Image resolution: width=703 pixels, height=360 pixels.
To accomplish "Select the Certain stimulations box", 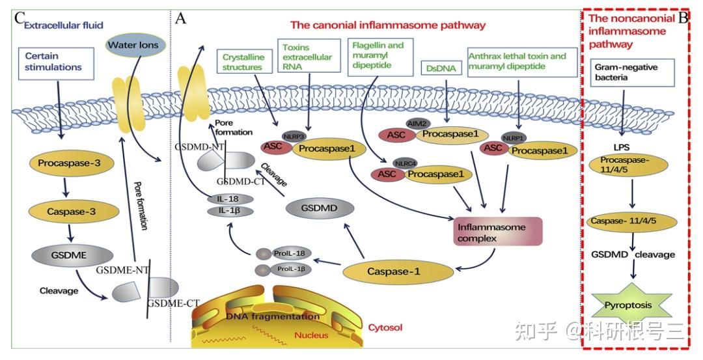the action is click(x=56, y=63).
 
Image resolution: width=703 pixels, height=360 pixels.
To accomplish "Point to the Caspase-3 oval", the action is click(x=74, y=212).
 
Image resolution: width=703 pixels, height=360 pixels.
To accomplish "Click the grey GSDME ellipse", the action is click(x=72, y=256).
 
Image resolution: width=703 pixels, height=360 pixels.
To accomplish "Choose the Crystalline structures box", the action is click(x=244, y=62).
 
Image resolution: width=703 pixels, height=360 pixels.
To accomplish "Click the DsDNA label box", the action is click(x=441, y=68).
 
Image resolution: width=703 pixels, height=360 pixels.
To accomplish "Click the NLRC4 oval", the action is click(x=406, y=163).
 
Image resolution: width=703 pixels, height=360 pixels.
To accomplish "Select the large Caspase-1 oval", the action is click(x=397, y=271).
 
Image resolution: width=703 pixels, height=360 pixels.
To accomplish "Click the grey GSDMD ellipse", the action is click(x=319, y=209).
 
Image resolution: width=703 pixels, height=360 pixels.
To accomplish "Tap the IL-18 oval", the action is click(x=230, y=199).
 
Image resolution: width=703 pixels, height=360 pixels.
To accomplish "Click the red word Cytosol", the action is click(x=385, y=327).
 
